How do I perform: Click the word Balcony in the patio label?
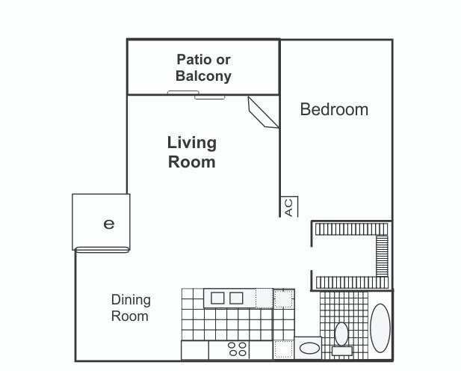tap(203, 76)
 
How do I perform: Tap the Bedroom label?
tap(334, 109)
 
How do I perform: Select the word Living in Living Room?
tap(192, 143)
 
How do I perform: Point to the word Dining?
tap(131, 301)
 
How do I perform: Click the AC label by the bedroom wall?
tap(289, 208)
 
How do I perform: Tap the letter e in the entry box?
tap(109, 224)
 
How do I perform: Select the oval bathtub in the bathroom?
tap(380, 328)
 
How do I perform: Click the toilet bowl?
tap(341, 334)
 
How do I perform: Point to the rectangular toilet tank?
tap(342, 351)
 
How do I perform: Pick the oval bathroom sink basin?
tap(309, 349)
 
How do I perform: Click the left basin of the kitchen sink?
tap(217, 298)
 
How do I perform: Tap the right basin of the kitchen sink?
tap(236, 298)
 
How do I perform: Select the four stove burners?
tap(238, 349)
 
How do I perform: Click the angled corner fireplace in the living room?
tap(263, 112)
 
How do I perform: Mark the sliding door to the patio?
tap(196, 95)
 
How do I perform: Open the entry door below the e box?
tap(102, 250)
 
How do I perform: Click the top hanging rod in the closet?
tap(352, 229)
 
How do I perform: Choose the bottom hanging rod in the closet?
tap(352, 283)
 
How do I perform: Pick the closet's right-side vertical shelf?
tap(382, 256)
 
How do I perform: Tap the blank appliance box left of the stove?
tap(194, 350)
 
